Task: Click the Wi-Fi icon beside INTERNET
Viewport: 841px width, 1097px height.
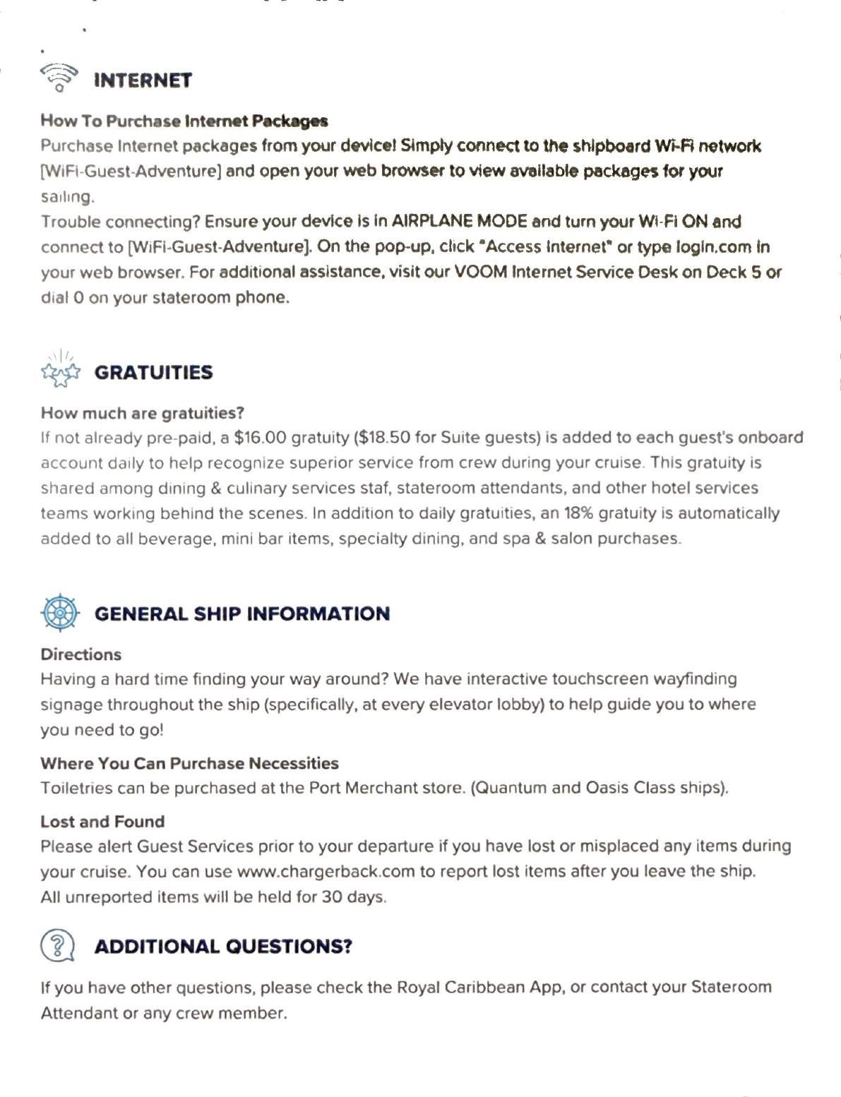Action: (59, 78)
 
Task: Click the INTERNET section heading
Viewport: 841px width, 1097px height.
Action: (143, 80)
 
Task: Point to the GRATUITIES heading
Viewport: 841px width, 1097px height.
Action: (153, 372)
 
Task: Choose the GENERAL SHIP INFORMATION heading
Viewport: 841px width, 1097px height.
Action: (242, 613)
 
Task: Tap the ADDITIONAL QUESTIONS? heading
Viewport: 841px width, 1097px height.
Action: (223, 946)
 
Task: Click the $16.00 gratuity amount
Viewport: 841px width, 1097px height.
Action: (261, 438)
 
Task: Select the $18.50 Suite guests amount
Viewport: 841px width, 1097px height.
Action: (384, 438)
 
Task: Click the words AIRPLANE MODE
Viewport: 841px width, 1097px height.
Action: (459, 222)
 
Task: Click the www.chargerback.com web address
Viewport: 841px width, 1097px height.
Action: (326, 871)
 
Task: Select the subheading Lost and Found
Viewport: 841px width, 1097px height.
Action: (102, 821)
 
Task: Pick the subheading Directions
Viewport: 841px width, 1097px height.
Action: (81, 654)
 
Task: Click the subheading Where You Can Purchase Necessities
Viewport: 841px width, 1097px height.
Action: (189, 762)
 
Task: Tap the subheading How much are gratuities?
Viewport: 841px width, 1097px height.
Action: (142, 412)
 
